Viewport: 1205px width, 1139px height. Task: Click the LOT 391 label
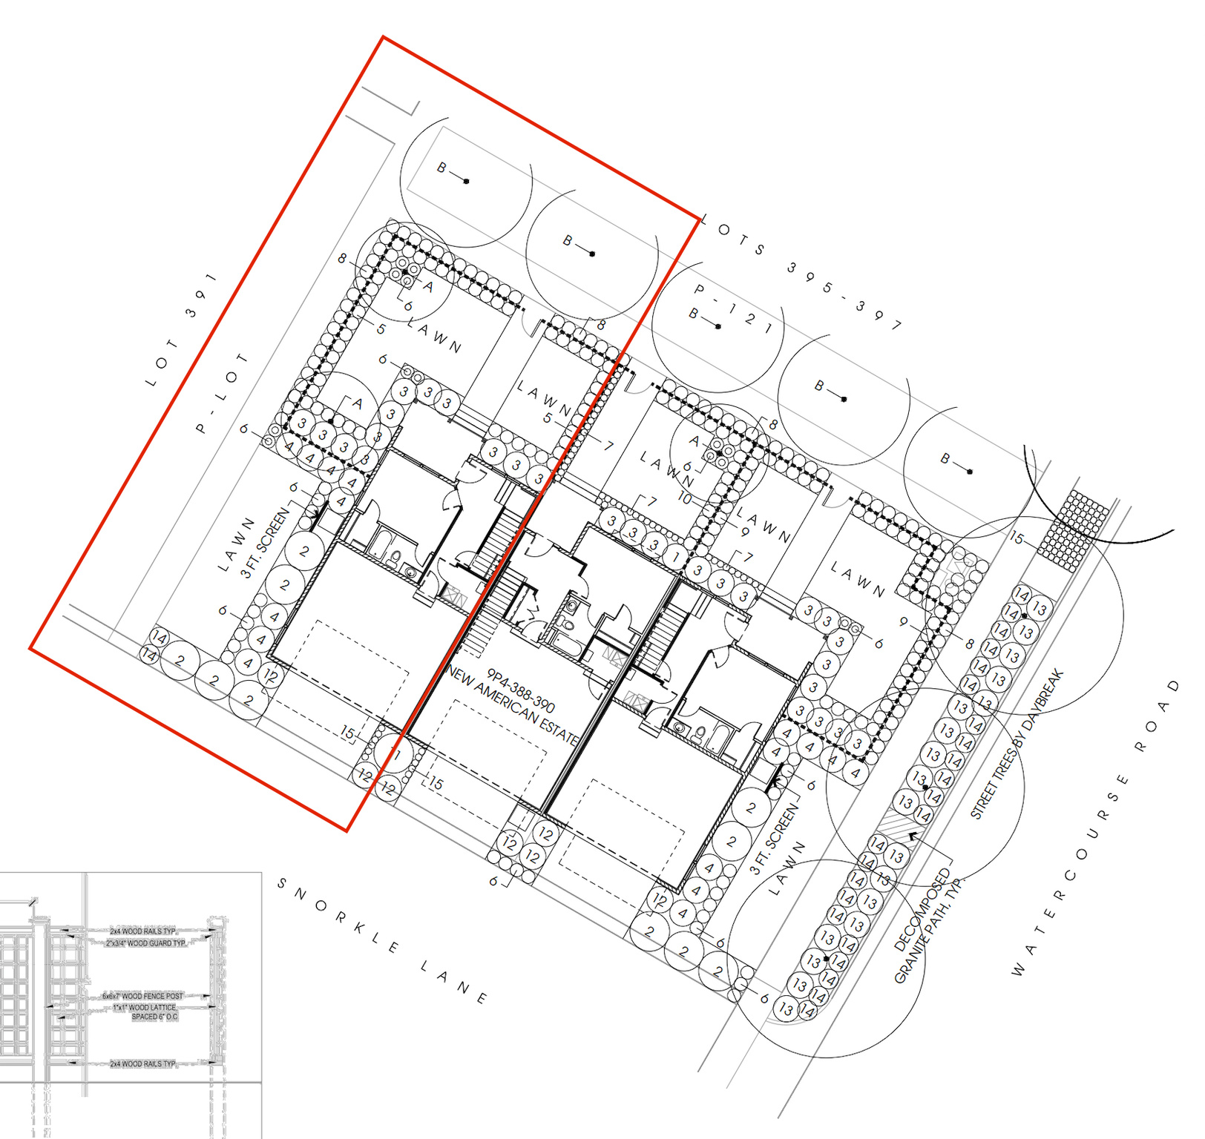click(182, 329)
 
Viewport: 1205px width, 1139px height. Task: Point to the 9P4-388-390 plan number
click(521, 690)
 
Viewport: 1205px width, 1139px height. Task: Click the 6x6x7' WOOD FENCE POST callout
click(142, 996)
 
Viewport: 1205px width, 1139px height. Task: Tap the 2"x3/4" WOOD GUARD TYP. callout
click(145, 943)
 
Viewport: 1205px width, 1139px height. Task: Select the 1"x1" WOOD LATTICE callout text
click(145, 1007)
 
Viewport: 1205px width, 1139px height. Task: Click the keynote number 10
click(684, 499)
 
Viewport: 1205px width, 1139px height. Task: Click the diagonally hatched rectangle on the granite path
click(896, 826)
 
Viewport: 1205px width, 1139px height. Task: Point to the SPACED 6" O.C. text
click(154, 1017)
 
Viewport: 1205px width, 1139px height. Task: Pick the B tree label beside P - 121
click(694, 314)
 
